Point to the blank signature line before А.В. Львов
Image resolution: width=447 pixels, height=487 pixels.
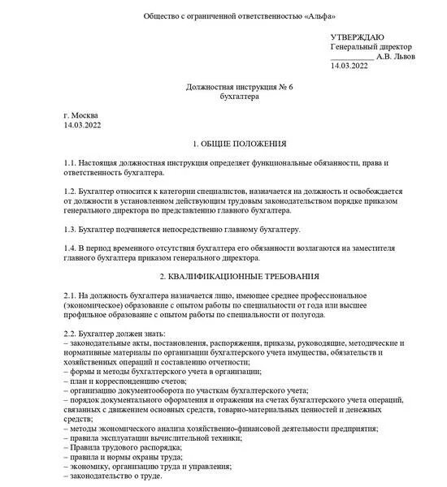point(351,58)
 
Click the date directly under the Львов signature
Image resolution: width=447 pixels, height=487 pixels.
point(349,66)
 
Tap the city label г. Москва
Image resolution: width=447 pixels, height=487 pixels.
point(80,115)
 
